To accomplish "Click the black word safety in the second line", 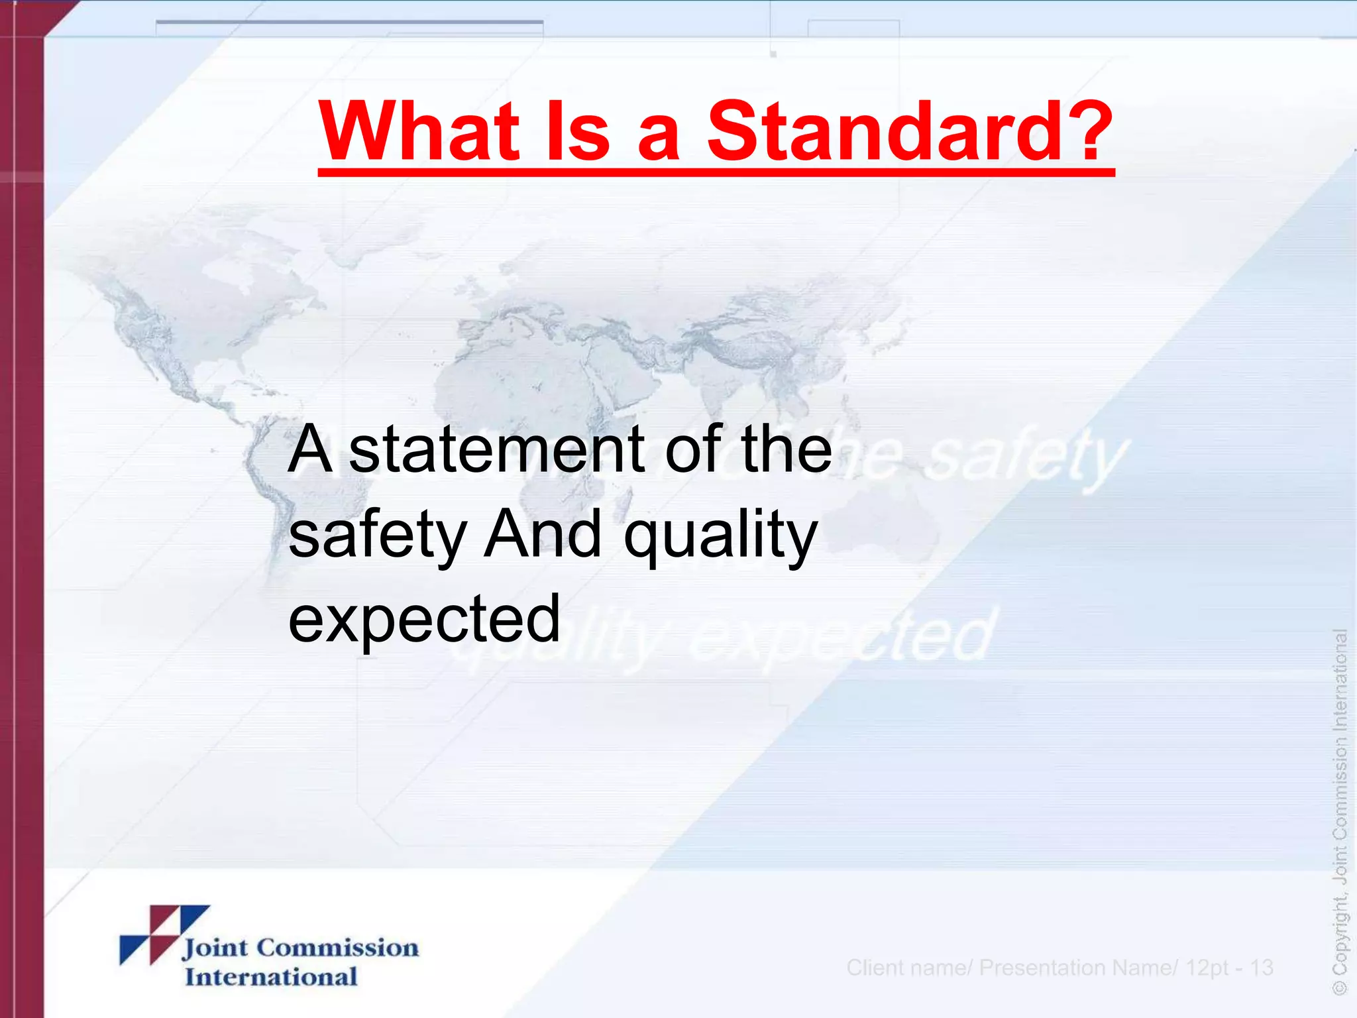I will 378,536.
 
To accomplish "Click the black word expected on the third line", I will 424,619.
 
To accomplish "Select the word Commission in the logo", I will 337,948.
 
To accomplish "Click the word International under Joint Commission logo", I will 271,977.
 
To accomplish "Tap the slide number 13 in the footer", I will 1262,968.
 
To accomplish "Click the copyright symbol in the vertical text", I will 1340,988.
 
